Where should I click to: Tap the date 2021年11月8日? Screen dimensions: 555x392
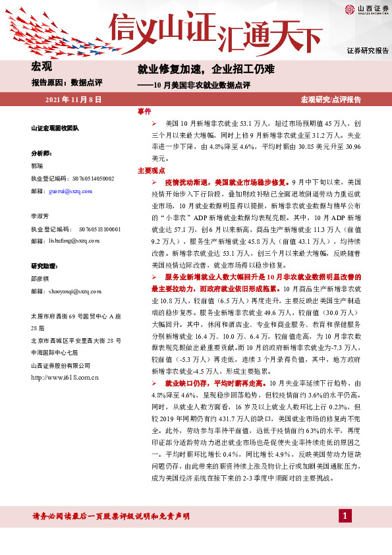(x=72, y=99)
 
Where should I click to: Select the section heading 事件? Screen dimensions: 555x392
(x=144, y=111)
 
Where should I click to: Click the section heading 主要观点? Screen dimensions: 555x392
(x=151, y=170)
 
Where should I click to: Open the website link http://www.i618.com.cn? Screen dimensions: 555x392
(x=65, y=377)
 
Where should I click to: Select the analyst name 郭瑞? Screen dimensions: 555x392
(x=38, y=167)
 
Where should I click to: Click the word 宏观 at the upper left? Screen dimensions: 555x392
(x=42, y=67)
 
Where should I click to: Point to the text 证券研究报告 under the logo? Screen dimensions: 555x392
(x=367, y=51)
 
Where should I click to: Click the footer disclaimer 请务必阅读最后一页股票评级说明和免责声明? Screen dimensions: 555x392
(x=110, y=515)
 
